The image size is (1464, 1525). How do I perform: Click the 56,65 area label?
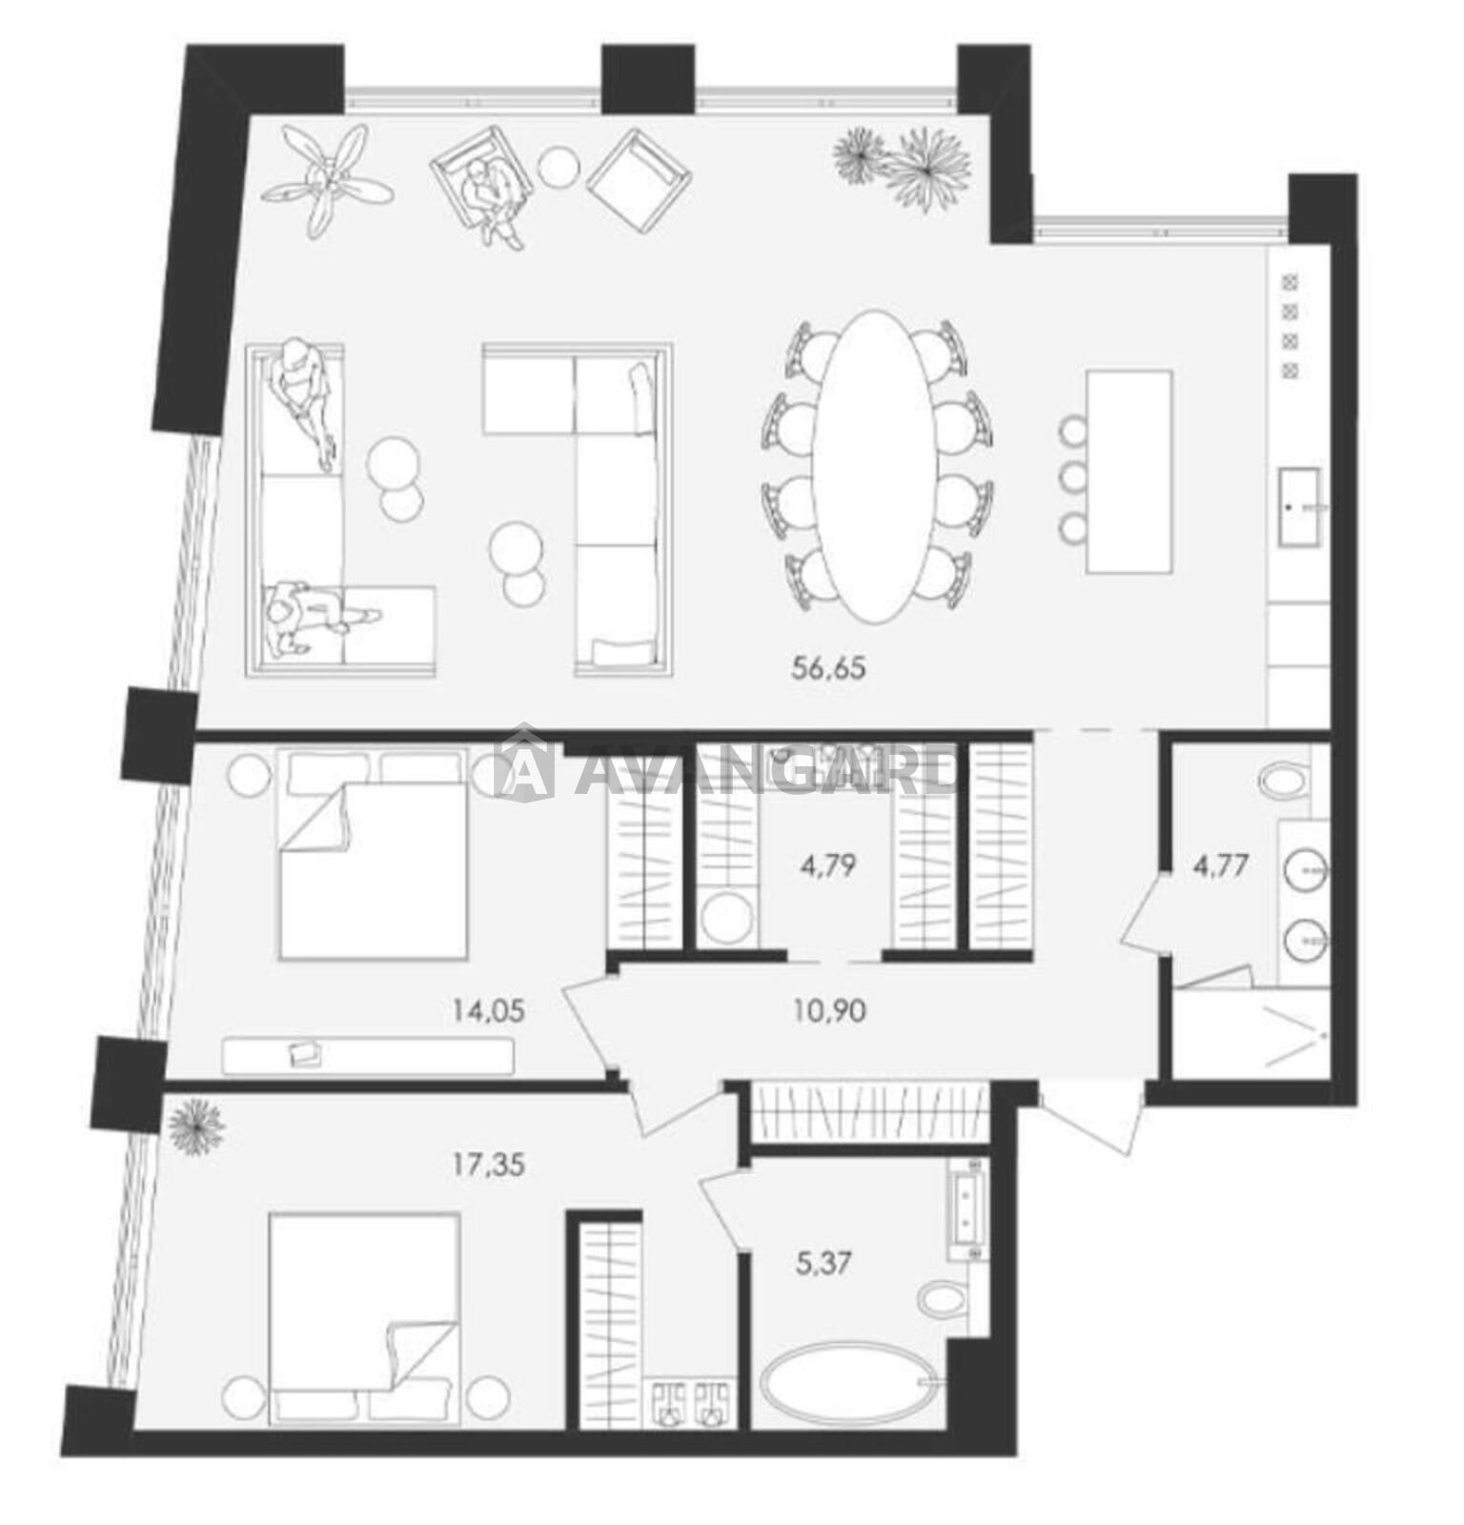click(x=828, y=668)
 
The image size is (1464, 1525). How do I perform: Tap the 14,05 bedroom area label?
click(x=488, y=1010)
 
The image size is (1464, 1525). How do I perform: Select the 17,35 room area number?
click(x=488, y=1164)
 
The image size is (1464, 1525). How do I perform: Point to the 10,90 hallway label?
click(x=829, y=1010)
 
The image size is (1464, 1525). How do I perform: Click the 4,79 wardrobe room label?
click(x=825, y=865)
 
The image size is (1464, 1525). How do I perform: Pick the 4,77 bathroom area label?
click(x=1223, y=865)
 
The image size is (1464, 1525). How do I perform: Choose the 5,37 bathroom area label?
click(x=823, y=1264)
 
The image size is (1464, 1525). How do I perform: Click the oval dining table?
click(x=875, y=466)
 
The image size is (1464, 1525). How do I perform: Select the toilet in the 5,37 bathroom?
click(x=942, y=1297)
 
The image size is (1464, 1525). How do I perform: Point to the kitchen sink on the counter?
click(x=1299, y=507)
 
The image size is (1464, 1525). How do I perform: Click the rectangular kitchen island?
click(x=1129, y=472)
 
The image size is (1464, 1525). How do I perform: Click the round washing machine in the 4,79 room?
click(x=727, y=917)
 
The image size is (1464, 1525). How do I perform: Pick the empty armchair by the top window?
click(x=638, y=181)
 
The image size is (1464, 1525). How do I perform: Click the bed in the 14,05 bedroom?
click(x=374, y=854)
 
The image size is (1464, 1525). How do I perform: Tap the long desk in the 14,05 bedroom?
click(x=368, y=1056)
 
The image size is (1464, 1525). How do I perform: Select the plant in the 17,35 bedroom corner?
click(x=195, y=1126)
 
